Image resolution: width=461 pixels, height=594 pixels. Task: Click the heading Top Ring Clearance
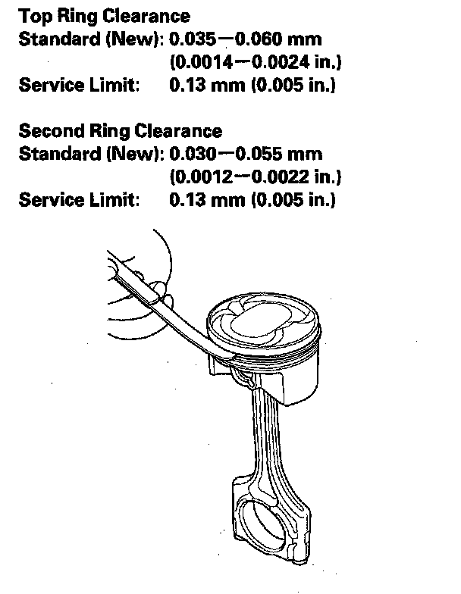pos(104,16)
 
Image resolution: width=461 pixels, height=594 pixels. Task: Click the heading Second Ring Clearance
pos(120,131)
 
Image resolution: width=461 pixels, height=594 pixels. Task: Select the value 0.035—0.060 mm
pos(246,39)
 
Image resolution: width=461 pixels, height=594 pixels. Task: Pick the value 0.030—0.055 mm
pos(246,154)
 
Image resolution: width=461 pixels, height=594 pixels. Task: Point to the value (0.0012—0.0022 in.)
pos(255,177)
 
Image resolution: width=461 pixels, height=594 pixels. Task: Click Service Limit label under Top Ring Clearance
pos(79,85)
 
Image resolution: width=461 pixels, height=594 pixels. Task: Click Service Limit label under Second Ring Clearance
pos(79,200)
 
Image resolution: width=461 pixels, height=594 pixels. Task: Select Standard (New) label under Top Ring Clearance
pos(91,39)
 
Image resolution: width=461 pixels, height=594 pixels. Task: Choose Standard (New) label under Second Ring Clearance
pos(91,154)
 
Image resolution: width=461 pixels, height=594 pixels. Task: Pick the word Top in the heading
pos(34,16)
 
